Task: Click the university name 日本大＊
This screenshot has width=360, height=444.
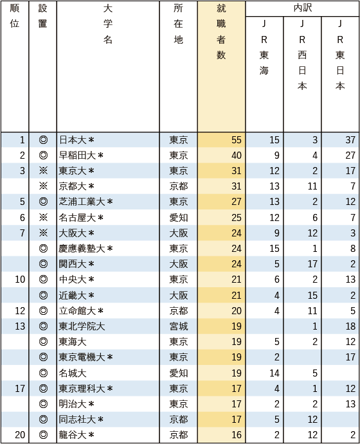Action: [76, 140]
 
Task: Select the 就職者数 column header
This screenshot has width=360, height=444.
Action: [221, 32]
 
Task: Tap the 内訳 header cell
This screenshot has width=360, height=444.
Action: [302, 8]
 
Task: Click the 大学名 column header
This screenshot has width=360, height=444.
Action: [107, 24]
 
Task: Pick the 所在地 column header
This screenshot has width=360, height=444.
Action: [178, 24]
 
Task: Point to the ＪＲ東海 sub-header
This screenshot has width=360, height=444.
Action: [264, 48]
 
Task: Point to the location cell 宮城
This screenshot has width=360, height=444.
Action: [178, 326]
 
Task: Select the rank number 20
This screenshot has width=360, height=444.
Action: [20, 435]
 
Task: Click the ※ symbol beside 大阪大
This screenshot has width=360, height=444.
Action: [43, 233]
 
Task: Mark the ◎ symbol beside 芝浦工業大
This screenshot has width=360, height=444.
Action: [43, 202]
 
